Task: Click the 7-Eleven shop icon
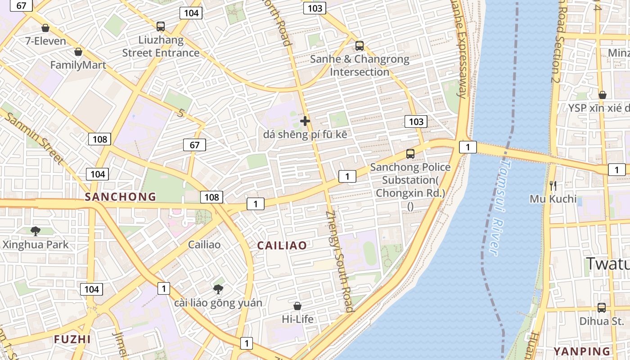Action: (45, 28)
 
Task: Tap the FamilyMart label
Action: (78, 65)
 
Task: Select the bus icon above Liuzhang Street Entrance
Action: (161, 27)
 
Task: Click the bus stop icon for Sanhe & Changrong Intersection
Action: (360, 46)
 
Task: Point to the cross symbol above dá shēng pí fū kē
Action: (305, 121)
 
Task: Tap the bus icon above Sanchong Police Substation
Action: (410, 154)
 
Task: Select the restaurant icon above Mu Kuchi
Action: (553, 185)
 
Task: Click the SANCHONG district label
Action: (121, 197)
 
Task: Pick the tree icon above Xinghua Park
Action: (36, 231)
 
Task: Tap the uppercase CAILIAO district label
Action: (282, 246)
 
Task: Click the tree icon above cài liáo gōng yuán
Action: (218, 289)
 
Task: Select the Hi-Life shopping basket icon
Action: (297, 306)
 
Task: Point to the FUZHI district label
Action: (72, 339)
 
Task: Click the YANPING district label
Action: (582, 351)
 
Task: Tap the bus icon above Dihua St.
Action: (602, 308)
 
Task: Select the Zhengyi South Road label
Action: (339, 261)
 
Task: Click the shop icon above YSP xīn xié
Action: (603, 95)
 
